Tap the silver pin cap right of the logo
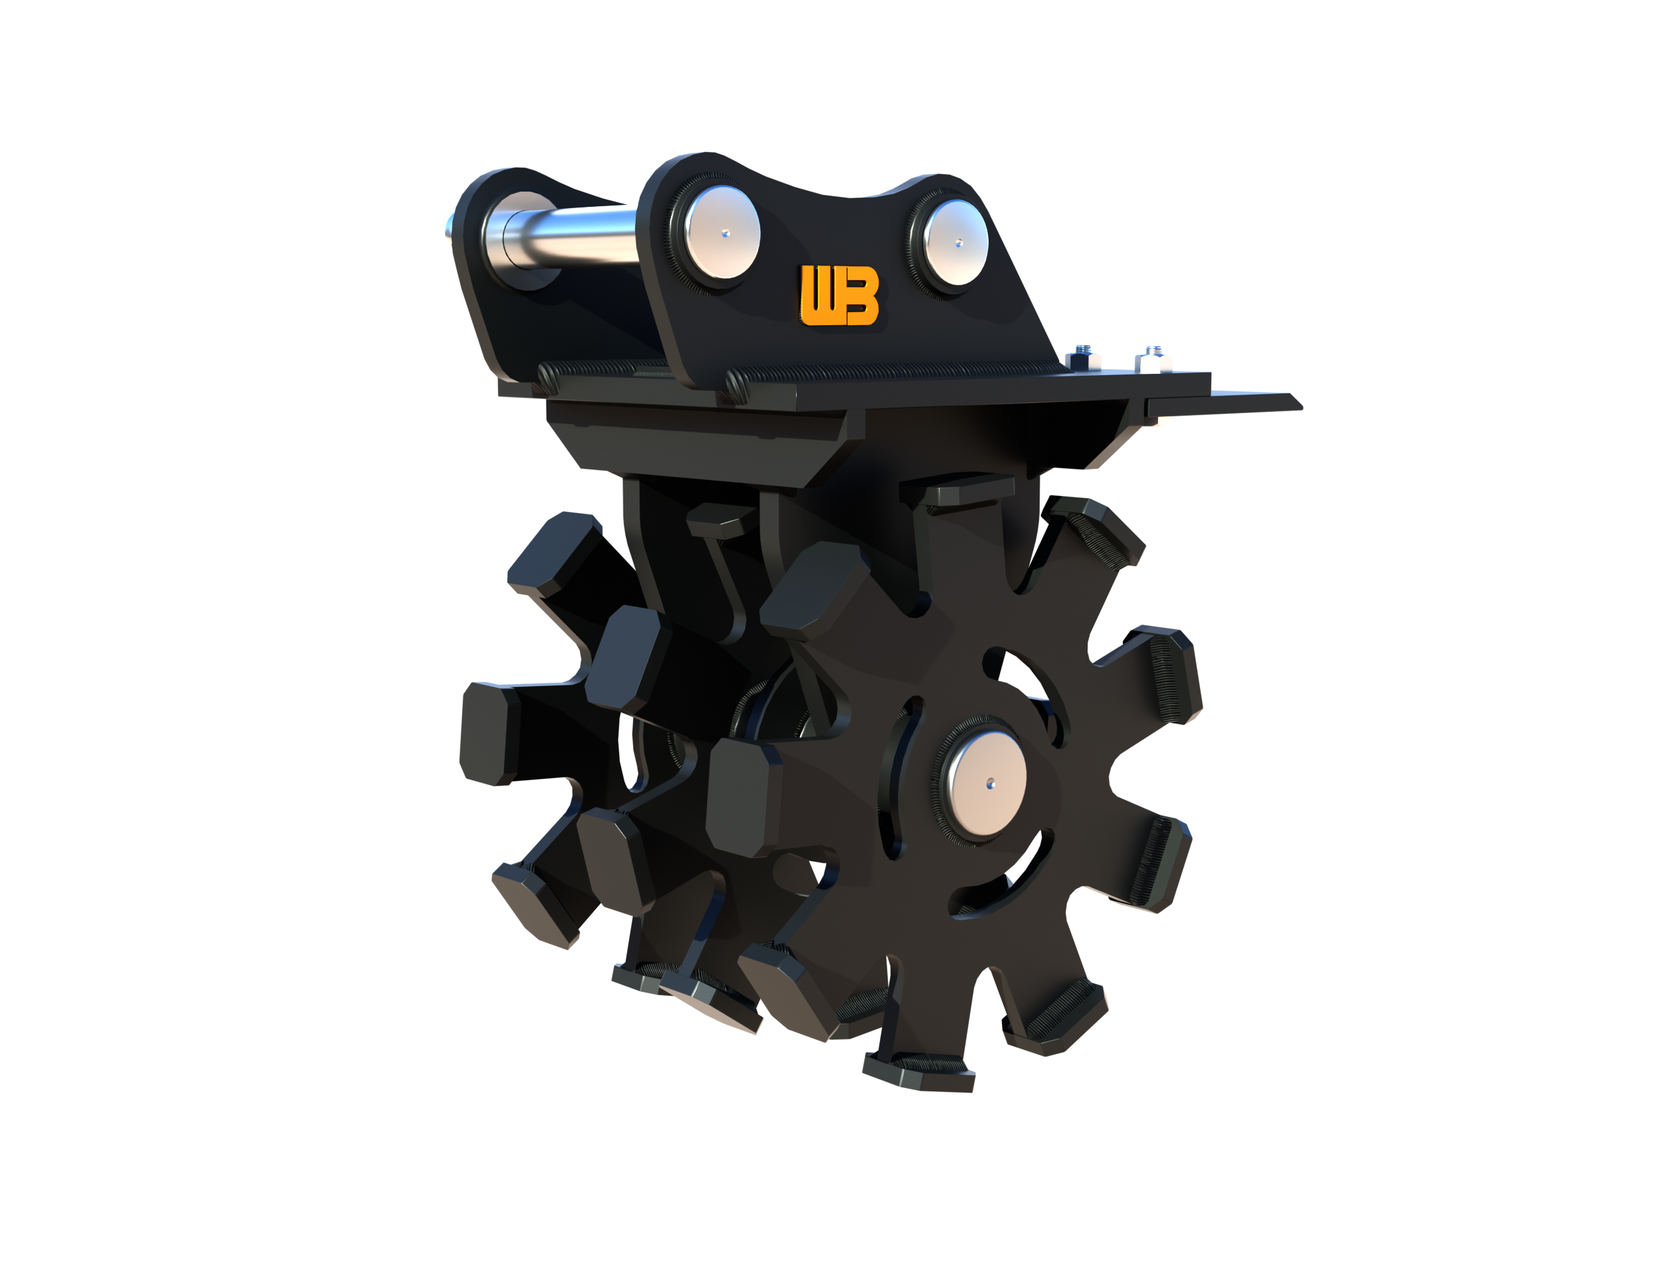pos(958,242)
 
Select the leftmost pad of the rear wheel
pos(488,731)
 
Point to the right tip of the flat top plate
pos(1288,401)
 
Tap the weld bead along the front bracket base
pos(894,371)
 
